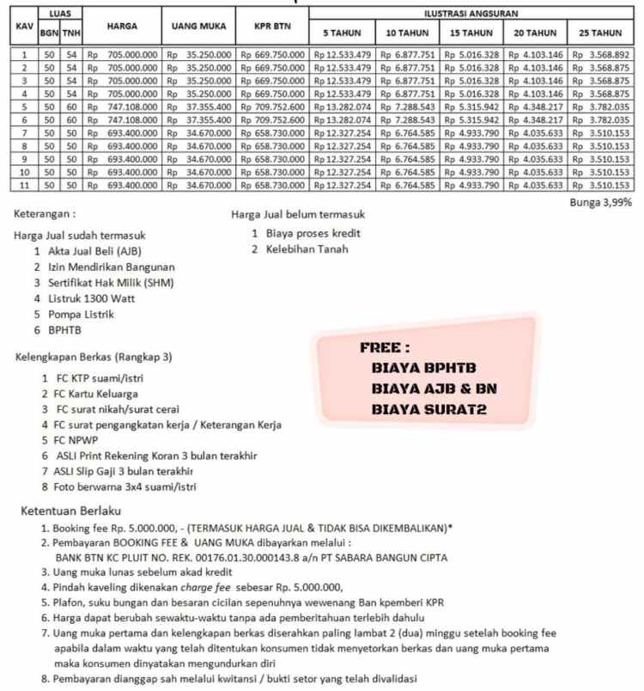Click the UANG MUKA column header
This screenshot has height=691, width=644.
point(198,26)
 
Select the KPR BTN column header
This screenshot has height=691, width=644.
point(272,26)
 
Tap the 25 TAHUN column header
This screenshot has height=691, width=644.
point(600,33)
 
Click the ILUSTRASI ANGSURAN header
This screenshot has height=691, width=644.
point(471,14)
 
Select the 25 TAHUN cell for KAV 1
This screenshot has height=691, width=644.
point(600,54)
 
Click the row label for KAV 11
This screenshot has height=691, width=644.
point(25,186)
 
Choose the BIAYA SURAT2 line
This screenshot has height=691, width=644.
point(428,410)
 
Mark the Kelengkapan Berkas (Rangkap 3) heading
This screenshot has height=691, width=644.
point(94,357)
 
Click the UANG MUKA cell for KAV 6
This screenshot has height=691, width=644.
point(198,119)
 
